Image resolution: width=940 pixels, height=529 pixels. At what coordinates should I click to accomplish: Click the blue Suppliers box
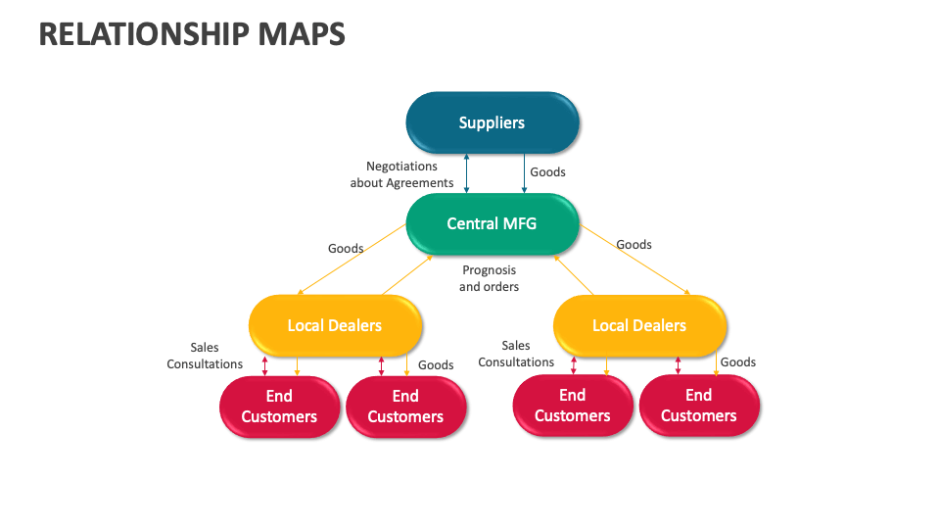pos(493,122)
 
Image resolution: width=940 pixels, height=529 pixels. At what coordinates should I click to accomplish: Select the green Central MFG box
pos(492,223)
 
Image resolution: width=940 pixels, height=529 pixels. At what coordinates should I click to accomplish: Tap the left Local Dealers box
pos(335,325)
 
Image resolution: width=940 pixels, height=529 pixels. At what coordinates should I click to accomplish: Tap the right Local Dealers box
pos(639,325)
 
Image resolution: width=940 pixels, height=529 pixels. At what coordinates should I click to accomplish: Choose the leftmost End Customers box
pos(279,407)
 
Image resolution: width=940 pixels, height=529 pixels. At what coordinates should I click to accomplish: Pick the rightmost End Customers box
pos(699,406)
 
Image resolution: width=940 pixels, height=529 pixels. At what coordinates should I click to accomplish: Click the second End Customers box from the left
pos(405,407)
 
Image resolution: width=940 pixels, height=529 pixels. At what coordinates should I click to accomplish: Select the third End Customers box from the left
pos(573,406)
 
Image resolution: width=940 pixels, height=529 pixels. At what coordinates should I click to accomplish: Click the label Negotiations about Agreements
pos(401,174)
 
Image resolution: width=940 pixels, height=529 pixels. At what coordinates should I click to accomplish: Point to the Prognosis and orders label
pos(489,278)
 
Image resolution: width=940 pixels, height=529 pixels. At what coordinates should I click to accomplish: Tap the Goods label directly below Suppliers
pos(547,171)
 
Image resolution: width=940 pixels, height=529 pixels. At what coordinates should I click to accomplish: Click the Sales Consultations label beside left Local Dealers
pos(205,356)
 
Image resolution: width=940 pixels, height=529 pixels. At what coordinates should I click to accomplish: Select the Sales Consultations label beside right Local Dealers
pos(516,354)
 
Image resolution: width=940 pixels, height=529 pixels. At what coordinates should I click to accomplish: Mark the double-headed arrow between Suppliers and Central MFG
pos(467,173)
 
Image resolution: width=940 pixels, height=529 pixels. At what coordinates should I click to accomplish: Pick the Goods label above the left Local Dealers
pos(346,248)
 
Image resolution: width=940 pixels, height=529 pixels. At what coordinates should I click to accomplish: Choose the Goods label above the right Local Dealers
pos(634,244)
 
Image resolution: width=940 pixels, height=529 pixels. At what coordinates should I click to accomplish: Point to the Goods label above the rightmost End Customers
pos(738,361)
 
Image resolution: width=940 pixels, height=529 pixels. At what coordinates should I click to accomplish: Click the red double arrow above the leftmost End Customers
pos(264,365)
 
